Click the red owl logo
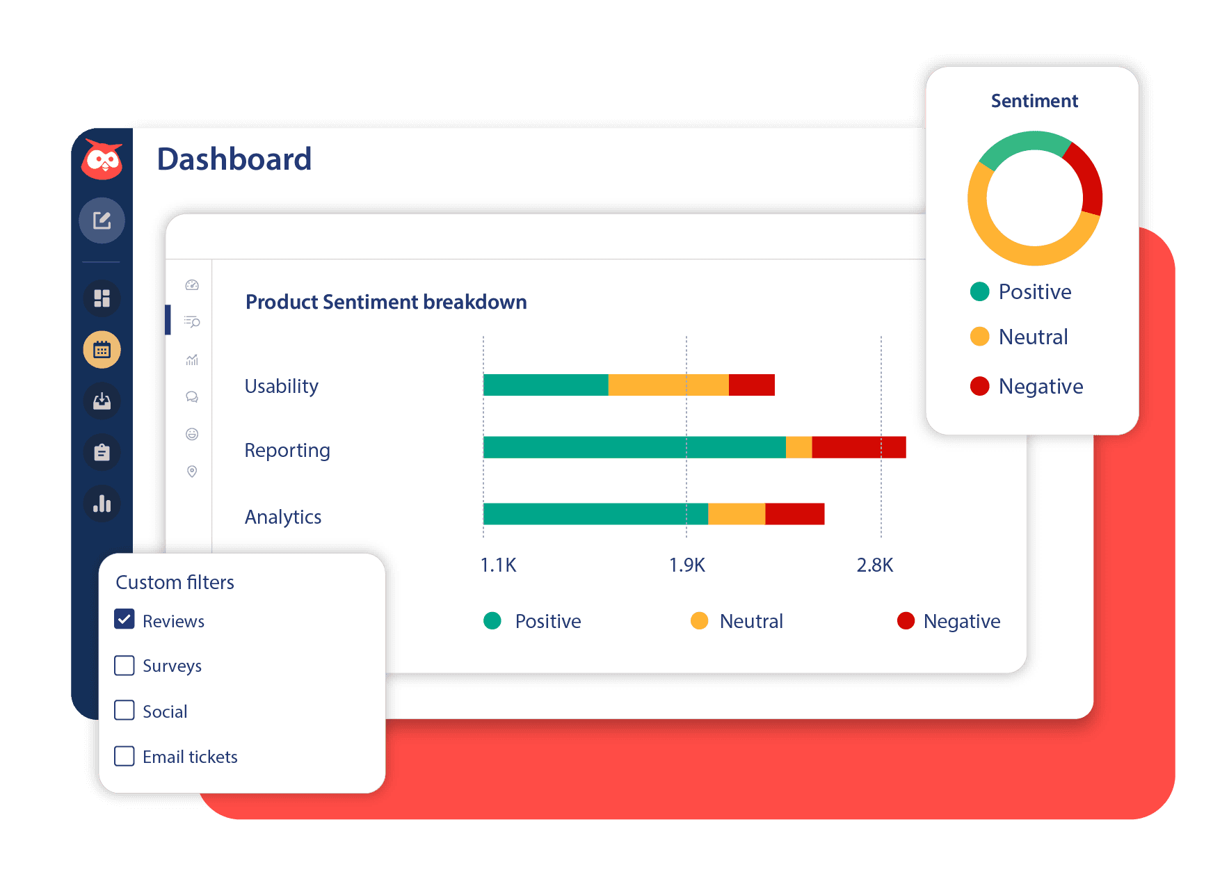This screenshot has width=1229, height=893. (x=102, y=159)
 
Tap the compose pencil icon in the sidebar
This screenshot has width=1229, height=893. (x=102, y=220)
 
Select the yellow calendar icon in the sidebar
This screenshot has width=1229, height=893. (x=102, y=349)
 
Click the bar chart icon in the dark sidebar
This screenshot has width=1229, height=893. (x=102, y=504)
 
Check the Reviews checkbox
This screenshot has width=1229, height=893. (x=124, y=619)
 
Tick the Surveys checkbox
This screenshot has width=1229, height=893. (x=124, y=666)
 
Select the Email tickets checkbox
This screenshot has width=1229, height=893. (x=124, y=756)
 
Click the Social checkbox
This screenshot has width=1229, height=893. (x=124, y=710)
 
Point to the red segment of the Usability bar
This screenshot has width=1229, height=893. (x=751, y=385)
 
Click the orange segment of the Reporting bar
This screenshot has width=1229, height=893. (x=798, y=447)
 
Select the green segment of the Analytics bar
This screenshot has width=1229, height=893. (x=595, y=514)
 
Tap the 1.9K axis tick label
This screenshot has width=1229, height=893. (x=686, y=565)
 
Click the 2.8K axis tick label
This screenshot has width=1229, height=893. (x=874, y=565)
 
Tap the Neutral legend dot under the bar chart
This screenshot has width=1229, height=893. (x=699, y=620)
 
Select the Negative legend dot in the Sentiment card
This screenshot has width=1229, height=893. (x=979, y=386)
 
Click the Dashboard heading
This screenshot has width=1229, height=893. (x=234, y=159)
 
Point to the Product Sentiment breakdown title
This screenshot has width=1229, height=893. (x=386, y=302)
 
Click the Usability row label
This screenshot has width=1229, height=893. (x=282, y=386)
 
